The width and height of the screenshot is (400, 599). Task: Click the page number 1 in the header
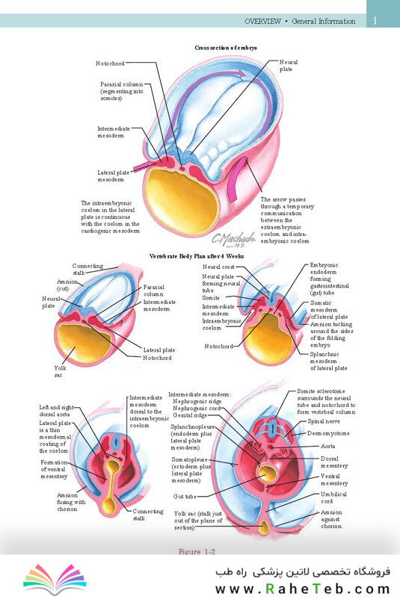click(x=375, y=21)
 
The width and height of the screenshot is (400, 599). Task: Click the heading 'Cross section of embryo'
click(x=226, y=48)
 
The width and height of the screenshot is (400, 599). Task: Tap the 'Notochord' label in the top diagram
click(x=110, y=63)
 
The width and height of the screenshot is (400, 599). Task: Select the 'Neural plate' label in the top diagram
click(x=289, y=65)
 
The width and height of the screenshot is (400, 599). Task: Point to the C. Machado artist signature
click(x=234, y=239)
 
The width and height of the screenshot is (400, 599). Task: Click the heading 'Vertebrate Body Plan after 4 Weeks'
click(x=196, y=256)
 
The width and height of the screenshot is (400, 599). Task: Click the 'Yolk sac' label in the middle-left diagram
click(x=60, y=371)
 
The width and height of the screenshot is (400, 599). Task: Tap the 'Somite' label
click(x=211, y=297)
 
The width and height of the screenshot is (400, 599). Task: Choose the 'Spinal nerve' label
click(x=324, y=421)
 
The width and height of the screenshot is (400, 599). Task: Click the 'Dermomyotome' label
click(x=328, y=434)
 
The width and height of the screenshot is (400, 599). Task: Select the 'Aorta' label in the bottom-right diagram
click(x=327, y=446)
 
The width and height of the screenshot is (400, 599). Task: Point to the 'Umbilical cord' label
click(x=333, y=497)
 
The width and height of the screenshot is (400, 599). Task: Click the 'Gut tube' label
click(x=185, y=496)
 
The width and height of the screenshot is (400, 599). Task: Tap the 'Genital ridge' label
click(x=190, y=415)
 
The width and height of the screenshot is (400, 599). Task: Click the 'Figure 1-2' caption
click(x=197, y=552)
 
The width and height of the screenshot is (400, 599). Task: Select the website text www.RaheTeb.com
click(x=303, y=589)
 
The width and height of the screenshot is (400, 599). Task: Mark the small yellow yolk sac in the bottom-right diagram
click(x=263, y=527)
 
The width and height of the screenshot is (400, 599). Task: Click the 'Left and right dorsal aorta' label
click(x=57, y=411)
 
